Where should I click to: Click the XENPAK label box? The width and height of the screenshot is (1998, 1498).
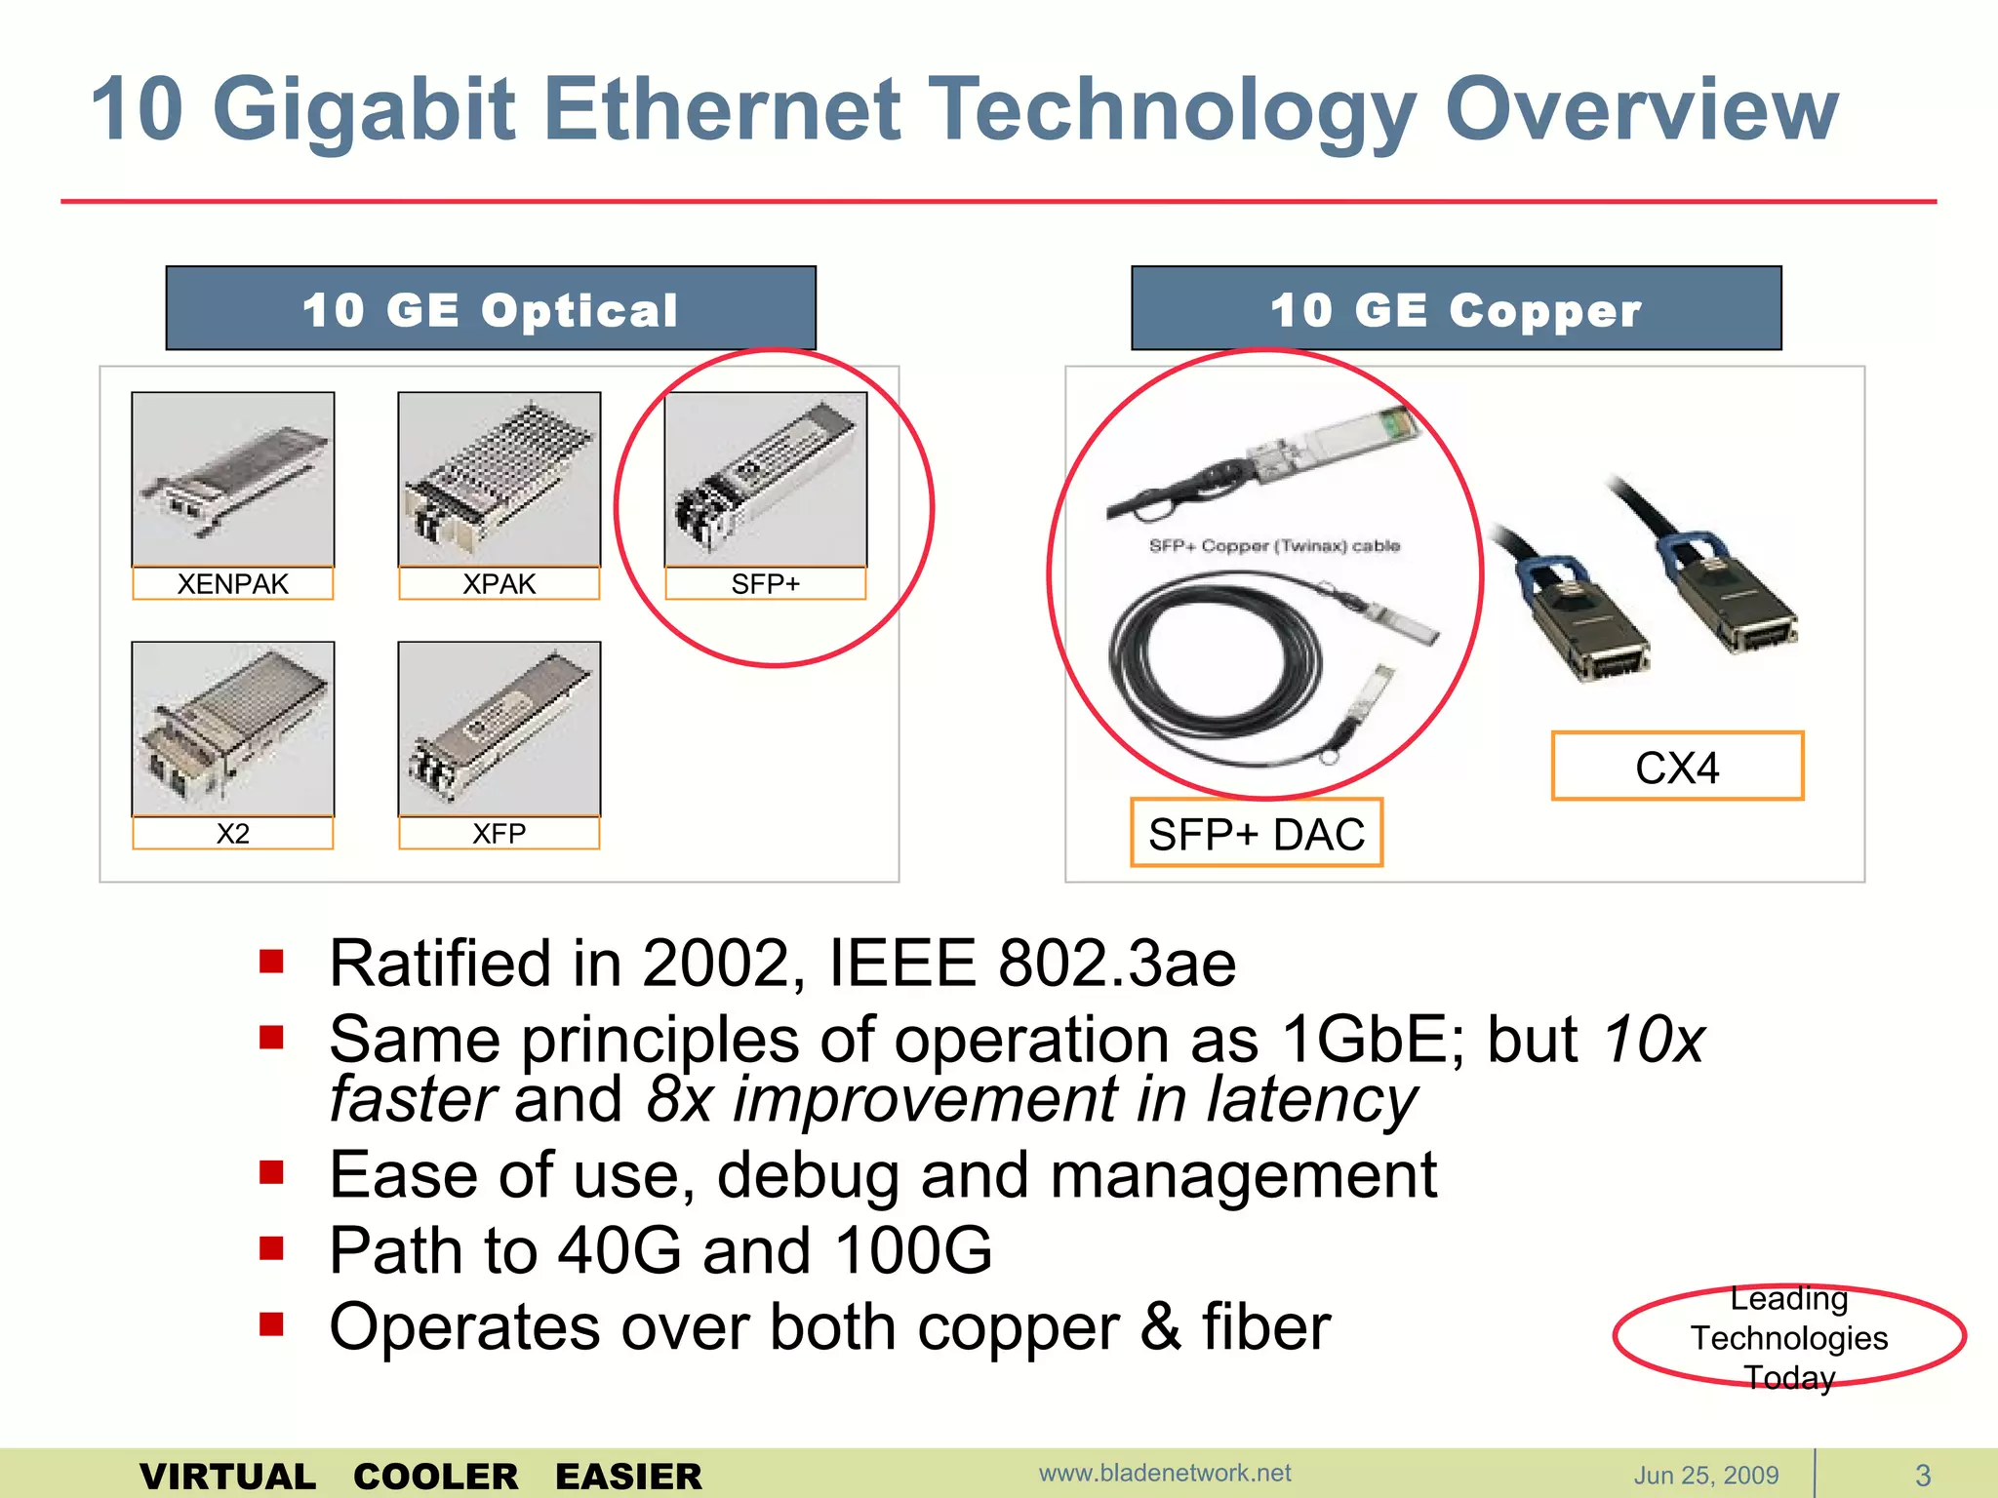tap(232, 583)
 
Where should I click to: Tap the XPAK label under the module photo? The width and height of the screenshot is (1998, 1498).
tap(499, 583)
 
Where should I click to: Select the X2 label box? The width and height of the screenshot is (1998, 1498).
tap(232, 833)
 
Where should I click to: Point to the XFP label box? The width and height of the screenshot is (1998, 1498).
tap(499, 833)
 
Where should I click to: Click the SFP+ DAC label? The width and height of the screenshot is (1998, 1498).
tap(1257, 834)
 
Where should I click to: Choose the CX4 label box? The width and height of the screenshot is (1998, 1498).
tap(1677, 767)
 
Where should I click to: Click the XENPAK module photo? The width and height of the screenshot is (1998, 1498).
tap(232, 478)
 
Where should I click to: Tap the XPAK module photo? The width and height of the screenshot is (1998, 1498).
tap(499, 478)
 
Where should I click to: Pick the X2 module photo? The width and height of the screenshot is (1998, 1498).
tap(232, 728)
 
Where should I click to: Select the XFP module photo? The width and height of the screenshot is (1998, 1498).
tap(499, 728)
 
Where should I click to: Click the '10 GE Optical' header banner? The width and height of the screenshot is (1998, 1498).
tap(491, 308)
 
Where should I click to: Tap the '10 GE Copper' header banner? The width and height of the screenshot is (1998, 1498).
tap(1456, 308)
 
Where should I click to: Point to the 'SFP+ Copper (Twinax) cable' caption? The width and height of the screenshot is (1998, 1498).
tap(1274, 545)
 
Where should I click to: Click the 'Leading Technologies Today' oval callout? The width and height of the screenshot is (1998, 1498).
tap(1788, 1337)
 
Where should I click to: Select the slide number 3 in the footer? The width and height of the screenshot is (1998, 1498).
tap(1923, 1475)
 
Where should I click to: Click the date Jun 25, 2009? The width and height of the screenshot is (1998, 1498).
tap(1706, 1475)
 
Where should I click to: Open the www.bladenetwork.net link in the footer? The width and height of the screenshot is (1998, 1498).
tap(1164, 1473)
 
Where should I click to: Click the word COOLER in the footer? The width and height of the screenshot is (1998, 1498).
tap(435, 1476)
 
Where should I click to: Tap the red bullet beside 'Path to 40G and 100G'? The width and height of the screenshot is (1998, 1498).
tap(271, 1247)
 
